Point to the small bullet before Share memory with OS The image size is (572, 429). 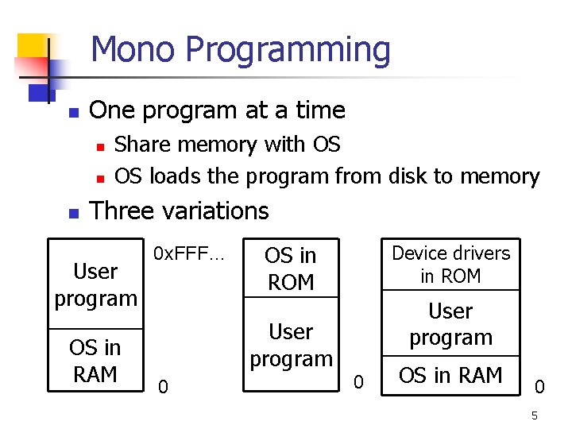pos(99,146)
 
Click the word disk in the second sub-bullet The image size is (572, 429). pos(410,176)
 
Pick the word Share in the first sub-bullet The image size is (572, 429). pos(145,145)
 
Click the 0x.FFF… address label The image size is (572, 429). pos(189,254)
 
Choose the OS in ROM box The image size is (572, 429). pos(291,269)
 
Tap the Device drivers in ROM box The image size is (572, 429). pos(450,265)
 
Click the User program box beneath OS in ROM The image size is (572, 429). pos(291,345)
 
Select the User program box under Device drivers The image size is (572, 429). pos(450,323)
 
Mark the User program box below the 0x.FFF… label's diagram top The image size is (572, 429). pos(95,284)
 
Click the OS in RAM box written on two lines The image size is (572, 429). pos(95,360)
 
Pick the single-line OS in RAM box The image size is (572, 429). pos(450,375)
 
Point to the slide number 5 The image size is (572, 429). pos(535,415)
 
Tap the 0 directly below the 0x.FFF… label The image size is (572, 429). pos(162,386)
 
